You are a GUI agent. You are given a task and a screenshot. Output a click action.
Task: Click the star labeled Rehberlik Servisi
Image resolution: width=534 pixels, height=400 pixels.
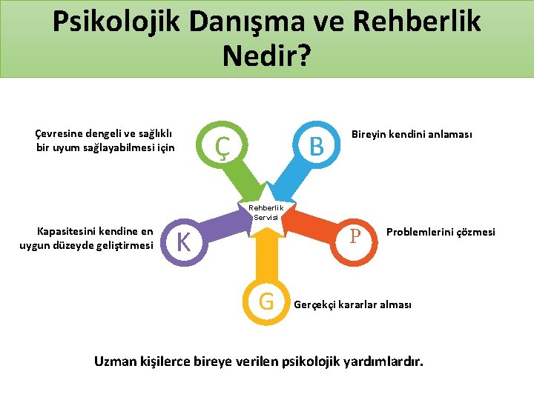pos(267,212)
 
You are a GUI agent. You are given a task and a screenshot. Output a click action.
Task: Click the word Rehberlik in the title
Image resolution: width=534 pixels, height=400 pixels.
pos(416,21)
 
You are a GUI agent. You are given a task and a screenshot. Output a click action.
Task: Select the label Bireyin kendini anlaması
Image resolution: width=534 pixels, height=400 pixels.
pos(412,134)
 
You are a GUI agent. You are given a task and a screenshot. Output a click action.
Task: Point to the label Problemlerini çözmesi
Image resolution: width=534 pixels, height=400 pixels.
pos(441,233)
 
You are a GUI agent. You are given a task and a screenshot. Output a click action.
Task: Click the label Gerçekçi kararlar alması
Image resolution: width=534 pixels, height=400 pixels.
pos(352,304)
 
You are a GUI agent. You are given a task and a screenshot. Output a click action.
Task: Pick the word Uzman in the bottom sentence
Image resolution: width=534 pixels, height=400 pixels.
pos(116,361)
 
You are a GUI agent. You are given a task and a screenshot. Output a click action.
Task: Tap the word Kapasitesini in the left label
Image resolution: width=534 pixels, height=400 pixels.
pos(66,232)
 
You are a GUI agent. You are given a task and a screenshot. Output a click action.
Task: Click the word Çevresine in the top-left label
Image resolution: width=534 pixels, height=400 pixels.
pos(59,133)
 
